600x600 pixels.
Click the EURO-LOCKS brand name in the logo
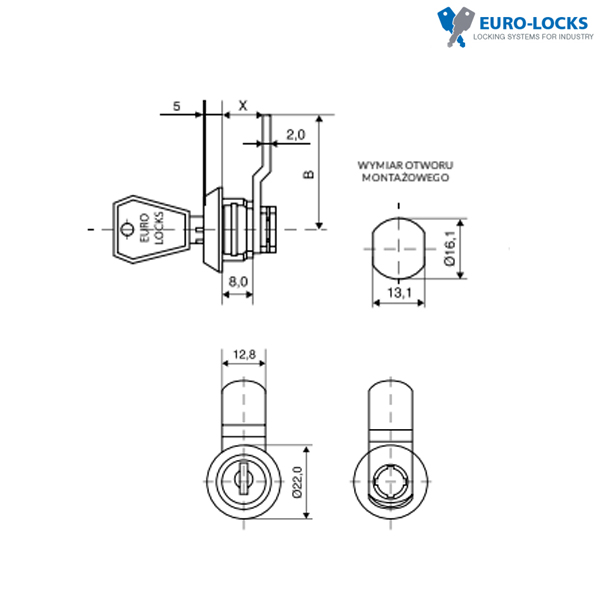coord(533,23)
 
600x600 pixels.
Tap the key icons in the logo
coord(455,27)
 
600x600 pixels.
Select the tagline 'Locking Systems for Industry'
coord(533,37)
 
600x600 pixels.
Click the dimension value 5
coord(176,106)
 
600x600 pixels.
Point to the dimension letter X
coord(243,106)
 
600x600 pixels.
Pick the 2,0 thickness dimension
coord(296,135)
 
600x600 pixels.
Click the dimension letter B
coord(308,174)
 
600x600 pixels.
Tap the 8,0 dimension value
coord(238,282)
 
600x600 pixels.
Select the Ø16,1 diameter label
coord(450,248)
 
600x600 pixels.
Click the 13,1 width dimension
coord(399,293)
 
